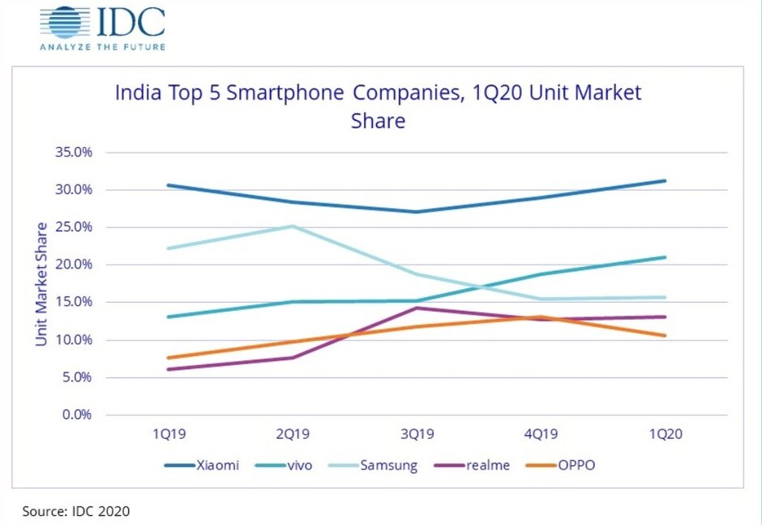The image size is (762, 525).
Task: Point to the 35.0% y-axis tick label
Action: (74, 153)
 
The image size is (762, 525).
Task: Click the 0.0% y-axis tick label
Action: (77, 415)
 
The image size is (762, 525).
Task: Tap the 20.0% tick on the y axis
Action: (74, 265)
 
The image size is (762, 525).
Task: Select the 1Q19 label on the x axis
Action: (168, 434)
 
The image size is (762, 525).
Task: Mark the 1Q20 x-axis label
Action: (666, 434)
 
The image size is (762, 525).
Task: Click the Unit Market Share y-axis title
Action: (41, 283)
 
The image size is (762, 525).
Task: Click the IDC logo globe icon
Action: (66, 22)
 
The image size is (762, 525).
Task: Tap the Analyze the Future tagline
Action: (102, 47)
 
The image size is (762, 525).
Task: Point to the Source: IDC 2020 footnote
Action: (75, 511)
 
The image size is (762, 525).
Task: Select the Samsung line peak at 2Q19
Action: (293, 226)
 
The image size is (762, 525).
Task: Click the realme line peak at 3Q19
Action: (417, 308)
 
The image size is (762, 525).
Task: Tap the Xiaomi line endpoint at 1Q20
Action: (666, 180)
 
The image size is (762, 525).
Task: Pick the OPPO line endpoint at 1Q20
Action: (666, 335)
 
